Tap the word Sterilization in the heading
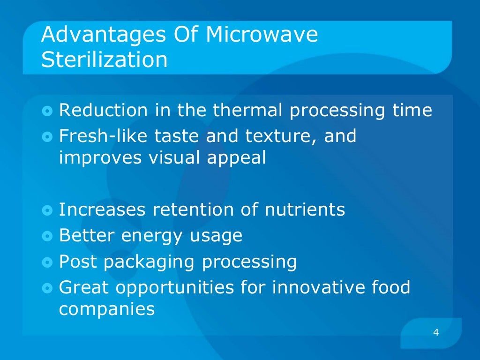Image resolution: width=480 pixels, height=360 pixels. pyautogui.click(x=104, y=60)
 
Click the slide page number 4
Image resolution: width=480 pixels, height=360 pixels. pyautogui.click(x=436, y=333)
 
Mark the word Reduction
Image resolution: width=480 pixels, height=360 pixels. pyautogui.click(x=103, y=111)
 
